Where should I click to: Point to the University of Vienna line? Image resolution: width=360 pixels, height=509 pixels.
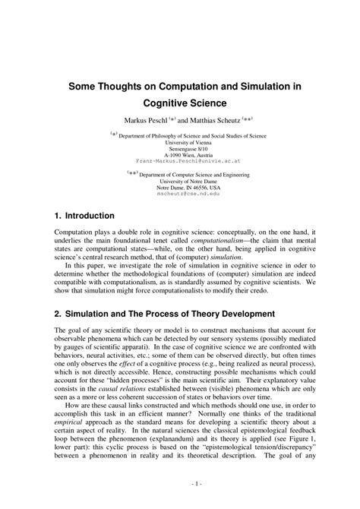[179, 142]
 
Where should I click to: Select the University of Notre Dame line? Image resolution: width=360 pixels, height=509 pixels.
[179, 181]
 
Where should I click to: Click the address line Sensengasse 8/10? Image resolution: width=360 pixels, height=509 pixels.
[179, 148]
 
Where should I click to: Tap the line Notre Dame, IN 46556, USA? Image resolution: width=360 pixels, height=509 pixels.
[179, 187]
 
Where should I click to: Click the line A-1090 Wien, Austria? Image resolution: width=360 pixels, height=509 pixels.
[179, 155]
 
